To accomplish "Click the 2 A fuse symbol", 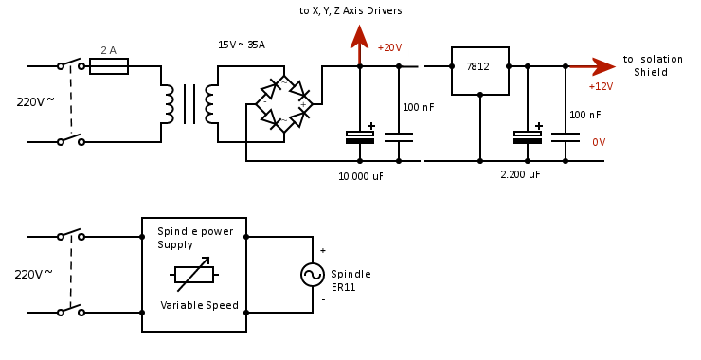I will (108, 66).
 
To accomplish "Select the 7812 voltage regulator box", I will (479, 71).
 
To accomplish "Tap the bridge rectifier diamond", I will (284, 104).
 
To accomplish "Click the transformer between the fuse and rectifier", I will (189, 104).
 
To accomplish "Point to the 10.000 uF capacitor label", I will (361, 176).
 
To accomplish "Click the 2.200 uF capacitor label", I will (520, 175).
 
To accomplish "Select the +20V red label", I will (389, 48).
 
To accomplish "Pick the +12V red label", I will (601, 86).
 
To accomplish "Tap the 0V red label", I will (599, 142).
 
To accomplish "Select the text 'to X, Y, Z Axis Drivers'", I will (350, 10).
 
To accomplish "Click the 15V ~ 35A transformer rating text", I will (242, 45).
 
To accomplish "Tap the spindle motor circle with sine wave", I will (313, 275).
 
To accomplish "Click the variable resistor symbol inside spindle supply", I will (194, 275).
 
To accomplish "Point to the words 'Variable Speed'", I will (199, 305).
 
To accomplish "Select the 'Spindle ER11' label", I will (350, 280).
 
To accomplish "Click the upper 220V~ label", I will (35, 101).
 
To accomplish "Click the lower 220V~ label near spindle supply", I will (33, 275).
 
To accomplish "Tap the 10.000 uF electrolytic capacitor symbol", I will (360, 136).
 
